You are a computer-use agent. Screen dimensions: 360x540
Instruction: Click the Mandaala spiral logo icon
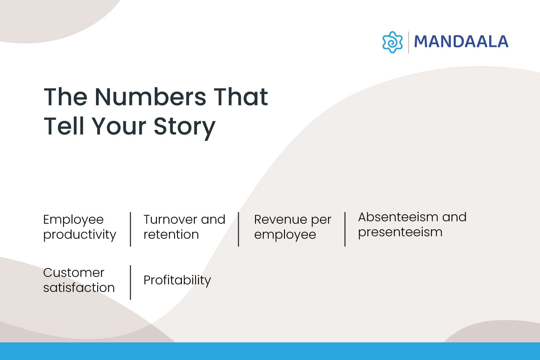(x=392, y=42)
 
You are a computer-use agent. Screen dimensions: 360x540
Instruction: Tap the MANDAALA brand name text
(x=461, y=42)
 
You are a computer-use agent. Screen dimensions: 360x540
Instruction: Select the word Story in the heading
(x=184, y=127)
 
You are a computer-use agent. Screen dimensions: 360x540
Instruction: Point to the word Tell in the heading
(x=64, y=126)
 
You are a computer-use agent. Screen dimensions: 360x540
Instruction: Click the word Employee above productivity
(x=73, y=220)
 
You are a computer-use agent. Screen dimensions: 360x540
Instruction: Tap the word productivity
(x=80, y=235)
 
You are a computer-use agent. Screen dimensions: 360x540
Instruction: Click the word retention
(x=171, y=234)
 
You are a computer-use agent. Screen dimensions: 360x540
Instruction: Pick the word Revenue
(x=280, y=219)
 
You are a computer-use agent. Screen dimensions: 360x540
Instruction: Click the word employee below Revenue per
(x=285, y=235)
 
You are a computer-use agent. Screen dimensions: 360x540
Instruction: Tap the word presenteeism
(x=400, y=232)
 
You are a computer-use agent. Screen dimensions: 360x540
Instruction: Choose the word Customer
(x=74, y=273)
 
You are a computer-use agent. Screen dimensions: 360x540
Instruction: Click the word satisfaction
(x=79, y=287)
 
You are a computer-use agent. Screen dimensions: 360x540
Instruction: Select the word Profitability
(x=177, y=280)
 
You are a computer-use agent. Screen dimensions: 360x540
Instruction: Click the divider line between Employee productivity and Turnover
(x=130, y=229)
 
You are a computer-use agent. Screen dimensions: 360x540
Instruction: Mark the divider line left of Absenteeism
(x=345, y=229)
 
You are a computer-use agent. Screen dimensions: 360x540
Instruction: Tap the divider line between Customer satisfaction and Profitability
(x=130, y=282)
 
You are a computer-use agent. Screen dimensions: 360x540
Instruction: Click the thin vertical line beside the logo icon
(x=408, y=42)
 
